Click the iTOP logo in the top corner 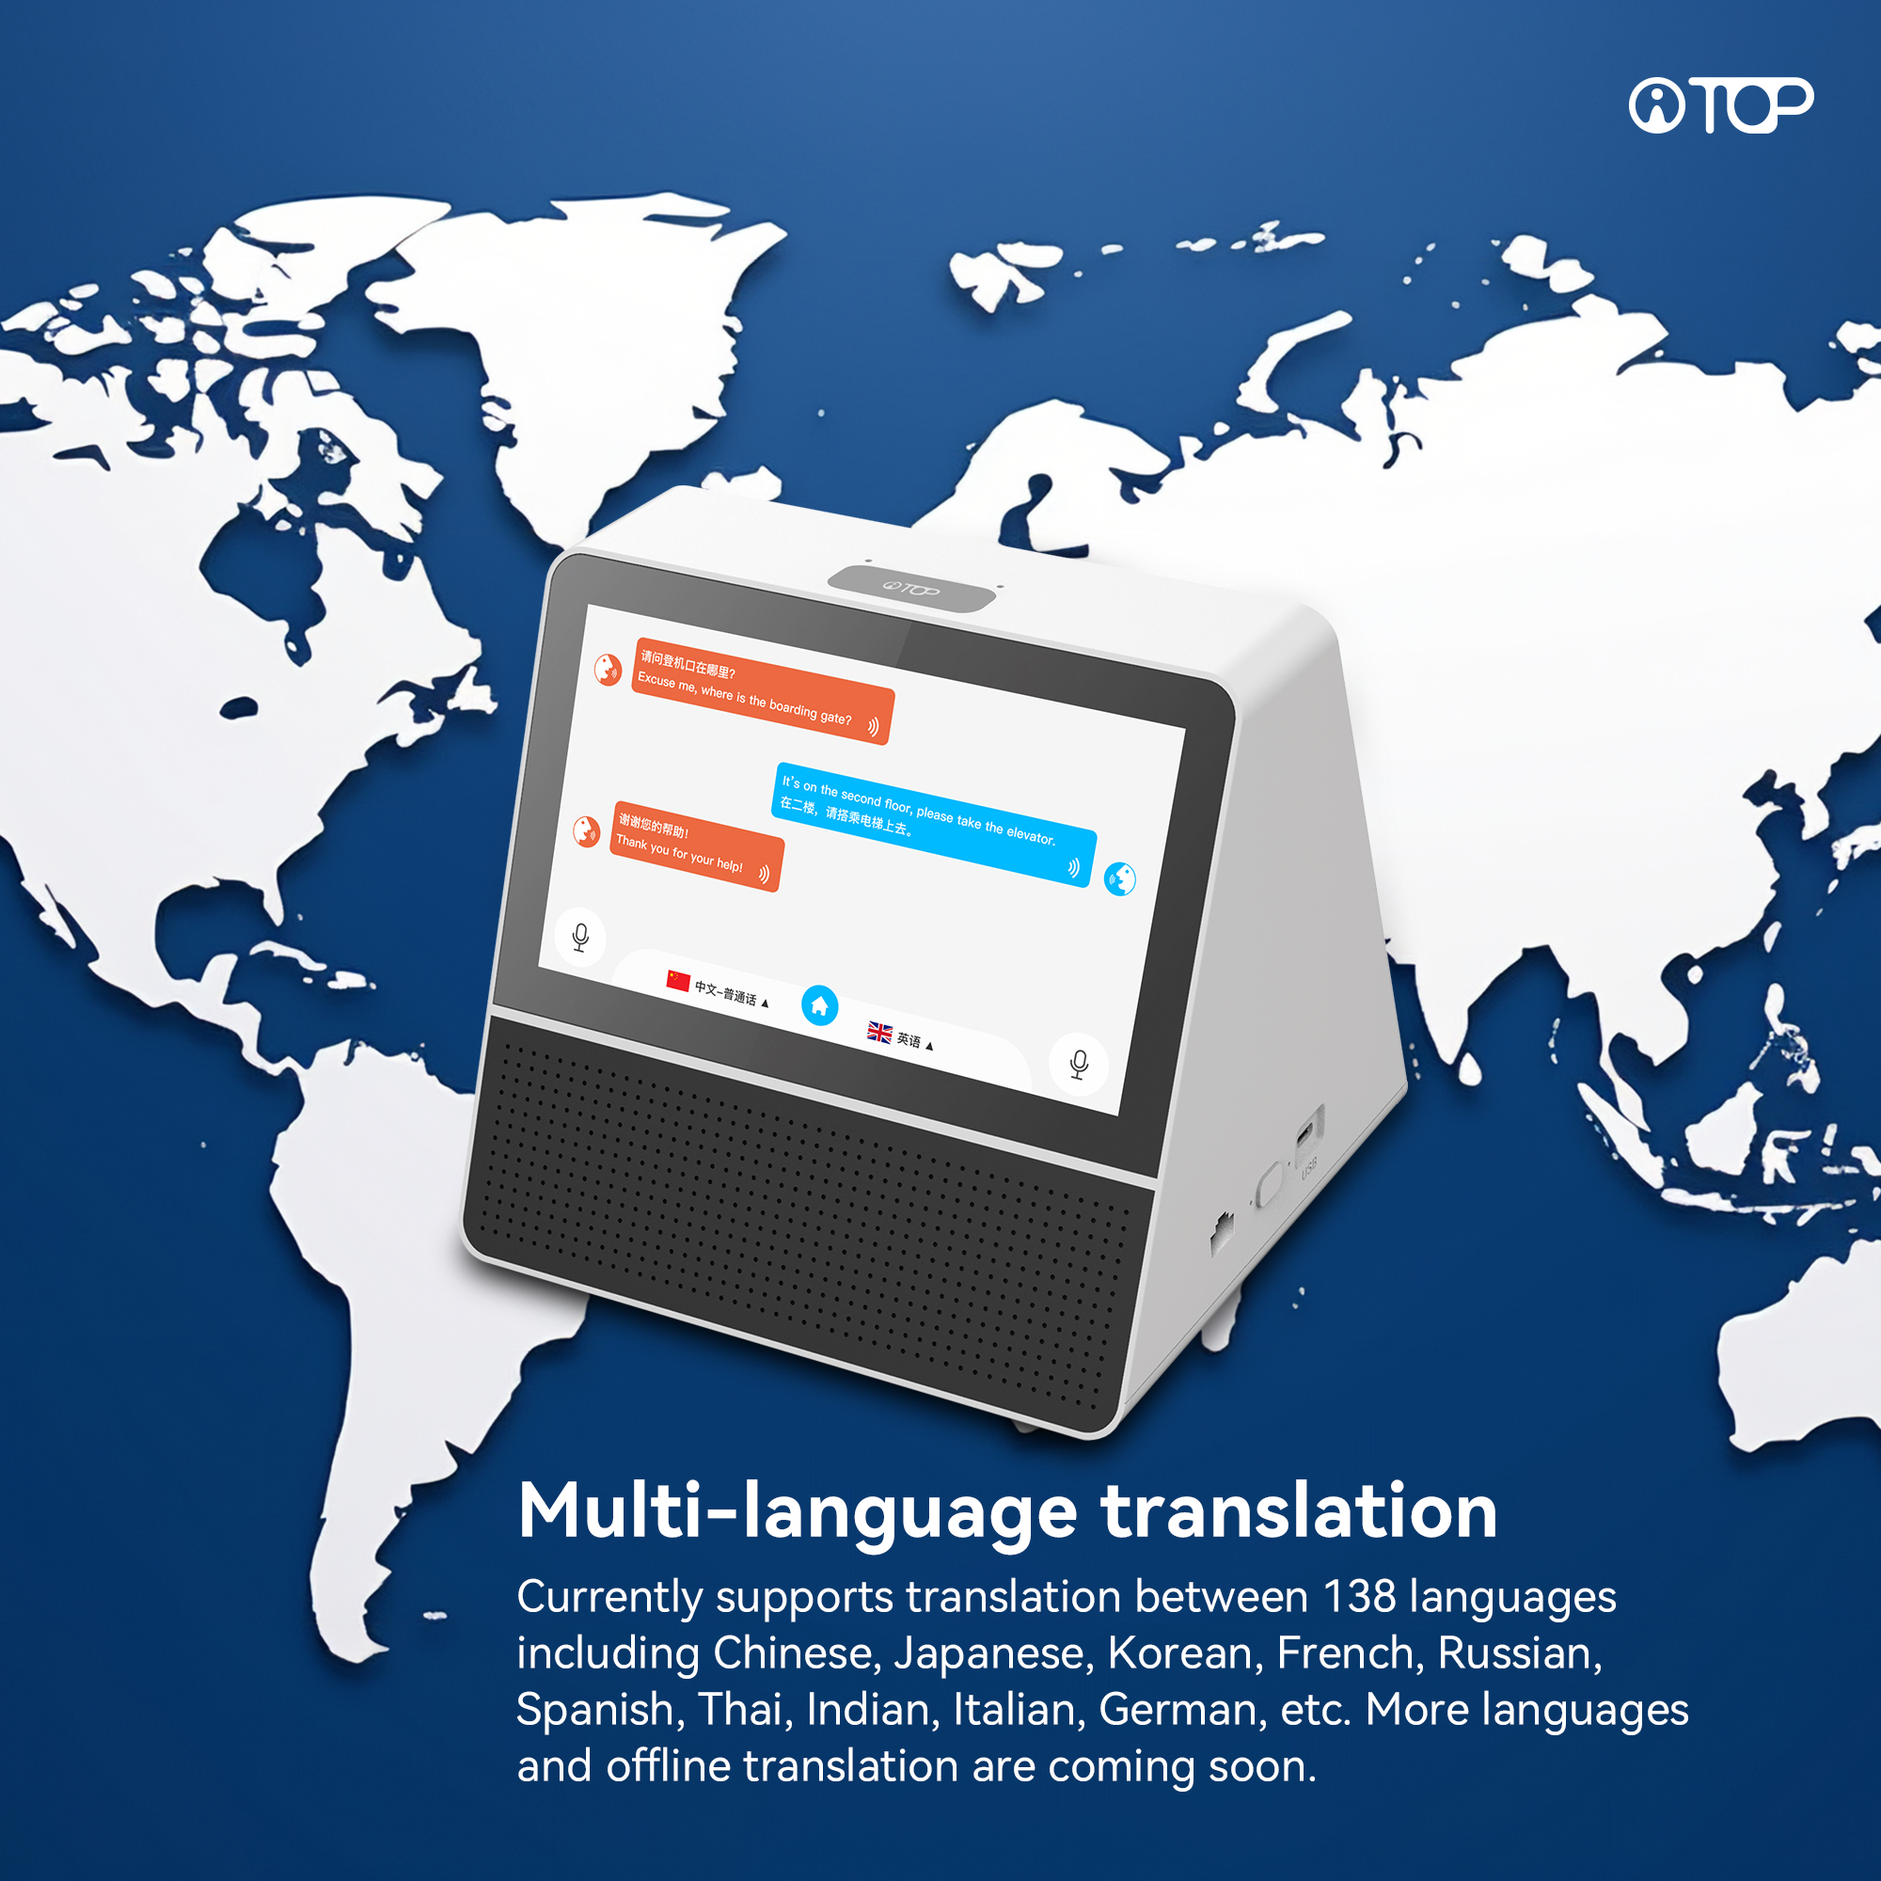pos(1719,105)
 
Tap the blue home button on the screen pos(819,1005)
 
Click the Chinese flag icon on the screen pos(677,980)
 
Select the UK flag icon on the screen pos(879,1032)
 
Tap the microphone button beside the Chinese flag pos(580,937)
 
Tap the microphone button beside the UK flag pos(1079,1064)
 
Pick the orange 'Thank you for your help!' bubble pos(695,846)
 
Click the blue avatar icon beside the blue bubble pos(1119,879)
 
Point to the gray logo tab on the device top pos(911,588)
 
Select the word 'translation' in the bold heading pos(1299,1513)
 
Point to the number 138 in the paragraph pos(1359,1598)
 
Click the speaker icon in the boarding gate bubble pos(874,726)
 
